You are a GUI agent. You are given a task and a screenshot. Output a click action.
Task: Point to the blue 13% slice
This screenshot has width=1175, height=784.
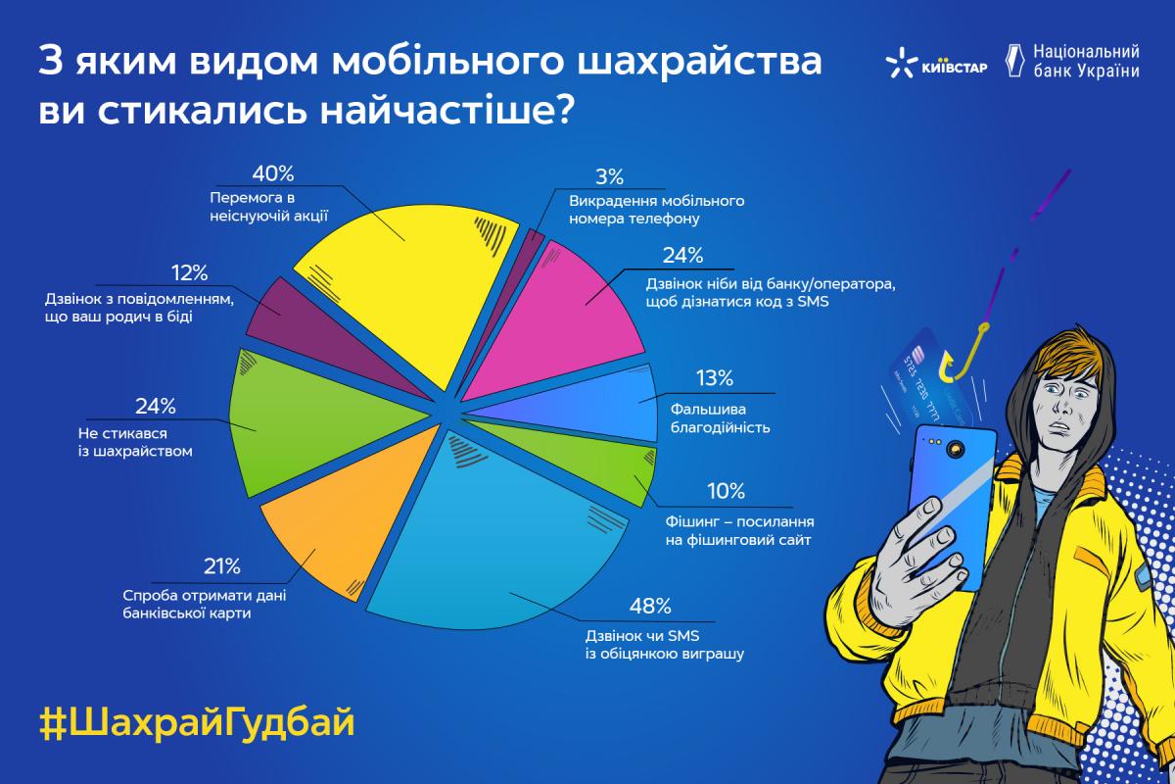pos(603,405)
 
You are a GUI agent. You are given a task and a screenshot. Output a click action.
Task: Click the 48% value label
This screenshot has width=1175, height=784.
pos(650,607)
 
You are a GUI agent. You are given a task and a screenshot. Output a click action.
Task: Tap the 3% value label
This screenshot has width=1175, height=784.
pos(609,177)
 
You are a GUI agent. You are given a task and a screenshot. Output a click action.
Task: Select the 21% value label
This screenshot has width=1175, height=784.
pos(222,566)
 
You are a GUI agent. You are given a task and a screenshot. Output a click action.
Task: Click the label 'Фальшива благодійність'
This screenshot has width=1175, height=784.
pos(721,418)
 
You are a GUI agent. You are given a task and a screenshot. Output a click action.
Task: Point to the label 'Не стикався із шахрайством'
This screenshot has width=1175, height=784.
pos(135,442)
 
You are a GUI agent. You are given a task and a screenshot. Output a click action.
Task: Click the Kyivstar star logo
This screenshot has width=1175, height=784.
pos(901,63)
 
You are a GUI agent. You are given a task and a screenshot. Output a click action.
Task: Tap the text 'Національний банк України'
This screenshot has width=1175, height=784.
pos(1086,62)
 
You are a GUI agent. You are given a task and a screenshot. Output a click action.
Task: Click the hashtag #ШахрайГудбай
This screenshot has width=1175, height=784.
pos(197,723)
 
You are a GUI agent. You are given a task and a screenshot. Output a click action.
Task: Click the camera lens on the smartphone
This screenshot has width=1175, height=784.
pos(956,449)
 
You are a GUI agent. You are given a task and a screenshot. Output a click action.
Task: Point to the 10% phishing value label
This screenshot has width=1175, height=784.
pos(726,492)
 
